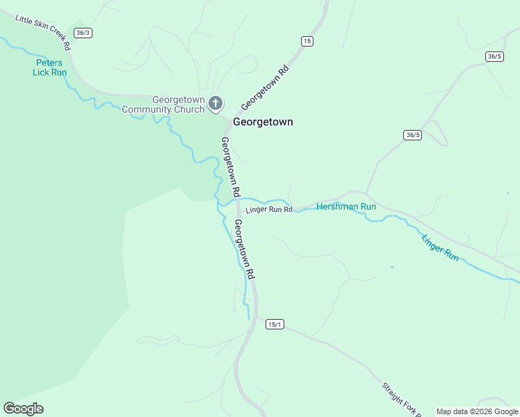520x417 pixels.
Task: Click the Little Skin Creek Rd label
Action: pyautogui.click(x=42, y=33)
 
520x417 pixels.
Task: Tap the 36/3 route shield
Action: pyautogui.click(x=83, y=33)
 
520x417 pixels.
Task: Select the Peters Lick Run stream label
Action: pyautogui.click(x=50, y=67)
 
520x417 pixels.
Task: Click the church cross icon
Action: pyautogui.click(x=216, y=104)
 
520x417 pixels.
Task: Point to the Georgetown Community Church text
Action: pyautogui.click(x=163, y=104)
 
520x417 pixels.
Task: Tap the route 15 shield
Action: pyautogui.click(x=307, y=42)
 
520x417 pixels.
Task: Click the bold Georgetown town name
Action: pyautogui.click(x=263, y=122)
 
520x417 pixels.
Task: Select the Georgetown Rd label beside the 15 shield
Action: pyautogui.click(x=265, y=88)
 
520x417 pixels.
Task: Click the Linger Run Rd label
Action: pyautogui.click(x=268, y=209)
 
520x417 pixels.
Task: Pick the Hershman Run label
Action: pyautogui.click(x=346, y=206)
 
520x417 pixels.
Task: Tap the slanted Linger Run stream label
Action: pyautogui.click(x=440, y=247)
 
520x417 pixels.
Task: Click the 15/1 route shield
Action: pyautogui.click(x=275, y=325)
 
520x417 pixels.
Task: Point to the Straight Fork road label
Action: pyautogui.click(x=400, y=400)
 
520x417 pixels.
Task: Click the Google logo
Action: pyautogui.click(x=23, y=409)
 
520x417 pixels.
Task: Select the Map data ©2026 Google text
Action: pyautogui.click(x=477, y=411)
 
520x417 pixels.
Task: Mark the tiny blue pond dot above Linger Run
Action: pyautogui.click(x=392, y=267)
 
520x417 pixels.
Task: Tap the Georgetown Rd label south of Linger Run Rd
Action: pyautogui.click(x=244, y=250)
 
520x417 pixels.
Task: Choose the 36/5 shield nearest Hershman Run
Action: pyautogui.click(x=412, y=135)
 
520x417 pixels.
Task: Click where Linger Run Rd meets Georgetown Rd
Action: pyautogui.click(x=239, y=208)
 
